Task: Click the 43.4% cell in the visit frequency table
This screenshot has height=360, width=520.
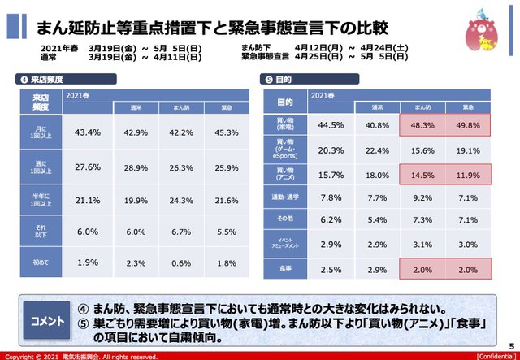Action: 87,132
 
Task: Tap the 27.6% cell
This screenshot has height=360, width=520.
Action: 87,167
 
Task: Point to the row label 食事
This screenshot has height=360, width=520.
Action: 285,268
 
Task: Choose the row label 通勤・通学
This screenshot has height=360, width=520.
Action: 285,197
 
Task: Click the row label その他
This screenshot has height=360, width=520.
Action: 285,220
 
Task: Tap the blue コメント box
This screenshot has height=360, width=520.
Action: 48,321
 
